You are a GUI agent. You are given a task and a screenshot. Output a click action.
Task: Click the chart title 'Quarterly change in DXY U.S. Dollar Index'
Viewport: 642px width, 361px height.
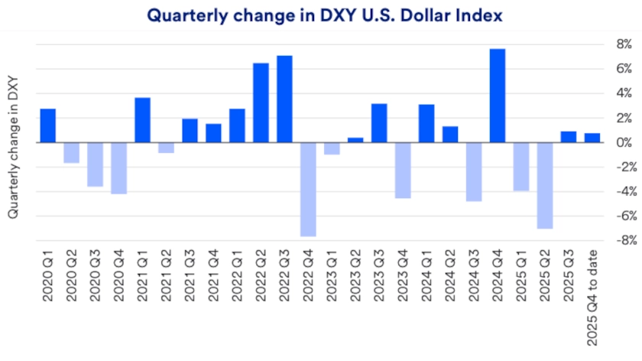pos(320,15)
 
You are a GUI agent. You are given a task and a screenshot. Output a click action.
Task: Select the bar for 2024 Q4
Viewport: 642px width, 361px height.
pos(497,96)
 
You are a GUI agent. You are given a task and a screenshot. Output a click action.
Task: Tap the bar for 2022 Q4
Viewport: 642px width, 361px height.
pos(308,189)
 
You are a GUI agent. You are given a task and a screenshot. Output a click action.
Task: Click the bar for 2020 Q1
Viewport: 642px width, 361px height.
pos(47,125)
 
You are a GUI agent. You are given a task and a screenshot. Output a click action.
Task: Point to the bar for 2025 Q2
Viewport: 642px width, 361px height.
pos(544,185)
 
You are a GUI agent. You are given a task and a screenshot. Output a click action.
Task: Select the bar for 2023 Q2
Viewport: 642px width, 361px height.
pos(355,140)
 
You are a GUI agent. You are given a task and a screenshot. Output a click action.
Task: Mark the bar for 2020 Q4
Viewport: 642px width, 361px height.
pos(118,167)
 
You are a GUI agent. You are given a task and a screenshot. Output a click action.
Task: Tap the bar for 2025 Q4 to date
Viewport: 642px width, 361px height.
pos(592,138)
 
